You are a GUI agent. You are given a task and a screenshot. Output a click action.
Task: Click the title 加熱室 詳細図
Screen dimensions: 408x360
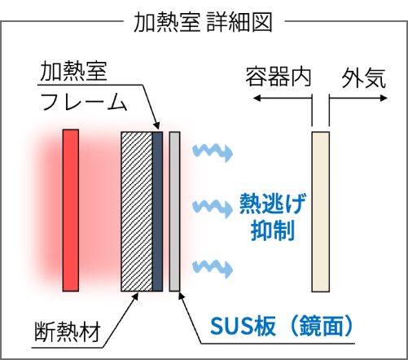point(203,22)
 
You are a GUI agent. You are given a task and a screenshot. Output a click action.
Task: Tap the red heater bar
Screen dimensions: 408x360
point(71,210)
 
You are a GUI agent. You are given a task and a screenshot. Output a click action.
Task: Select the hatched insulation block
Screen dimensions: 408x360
point(137,212)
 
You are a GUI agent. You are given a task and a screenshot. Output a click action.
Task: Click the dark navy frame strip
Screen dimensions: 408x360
point(157,212)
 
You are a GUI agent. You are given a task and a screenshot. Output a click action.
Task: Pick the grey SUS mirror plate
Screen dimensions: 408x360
point(174,212)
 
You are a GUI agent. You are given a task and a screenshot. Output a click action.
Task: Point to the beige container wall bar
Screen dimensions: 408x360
point(320,212)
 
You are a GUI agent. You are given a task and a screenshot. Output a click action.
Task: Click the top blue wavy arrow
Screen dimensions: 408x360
point(213,153)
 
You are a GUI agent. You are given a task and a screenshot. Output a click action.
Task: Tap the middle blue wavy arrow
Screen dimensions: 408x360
point(213,209)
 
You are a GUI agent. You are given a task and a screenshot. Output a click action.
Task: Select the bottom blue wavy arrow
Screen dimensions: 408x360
point(213,268)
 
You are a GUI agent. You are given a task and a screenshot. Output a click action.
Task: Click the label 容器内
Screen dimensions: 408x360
point(278,77)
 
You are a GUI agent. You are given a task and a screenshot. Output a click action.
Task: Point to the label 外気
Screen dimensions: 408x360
point(363,78)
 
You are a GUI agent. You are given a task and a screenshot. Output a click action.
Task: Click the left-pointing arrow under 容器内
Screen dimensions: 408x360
point(283,98)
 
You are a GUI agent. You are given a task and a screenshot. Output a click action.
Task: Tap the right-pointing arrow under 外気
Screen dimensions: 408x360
point(358,98)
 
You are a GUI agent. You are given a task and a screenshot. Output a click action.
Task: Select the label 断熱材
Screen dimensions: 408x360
point(68,331)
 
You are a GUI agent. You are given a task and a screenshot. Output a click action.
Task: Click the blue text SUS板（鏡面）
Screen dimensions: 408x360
point(282,326)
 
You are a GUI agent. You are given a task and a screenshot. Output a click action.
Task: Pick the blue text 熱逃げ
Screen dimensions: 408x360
point(273,204)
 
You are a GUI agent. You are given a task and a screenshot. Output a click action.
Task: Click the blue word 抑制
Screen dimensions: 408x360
point(273,230)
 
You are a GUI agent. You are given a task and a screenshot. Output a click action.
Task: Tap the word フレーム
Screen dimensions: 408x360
point(84,102)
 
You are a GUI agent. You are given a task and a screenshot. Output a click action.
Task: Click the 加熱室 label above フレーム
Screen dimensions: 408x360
point(73,71)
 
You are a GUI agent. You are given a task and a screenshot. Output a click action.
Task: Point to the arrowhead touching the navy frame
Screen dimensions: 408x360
point(156,125)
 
